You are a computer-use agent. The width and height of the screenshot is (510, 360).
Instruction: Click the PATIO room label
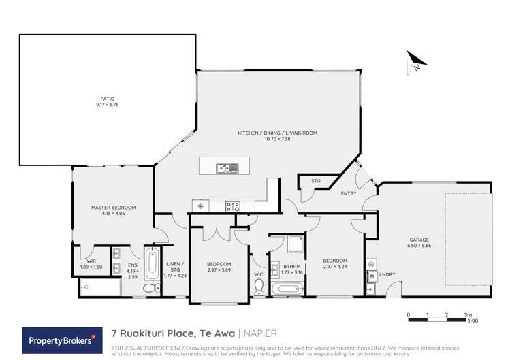[x=105, y=100]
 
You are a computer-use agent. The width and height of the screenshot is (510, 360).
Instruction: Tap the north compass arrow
[x=415, y=63]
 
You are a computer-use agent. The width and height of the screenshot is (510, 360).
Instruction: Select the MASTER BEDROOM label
[x=114, y=207]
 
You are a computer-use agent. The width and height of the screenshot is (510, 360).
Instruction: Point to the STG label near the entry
[x=316, y=181]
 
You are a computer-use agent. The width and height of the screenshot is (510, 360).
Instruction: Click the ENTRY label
[x=349, y=194]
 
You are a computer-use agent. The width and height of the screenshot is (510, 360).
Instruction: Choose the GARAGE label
[x=419, y=240]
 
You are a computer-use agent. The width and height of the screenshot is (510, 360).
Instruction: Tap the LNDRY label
[x=387, y=274]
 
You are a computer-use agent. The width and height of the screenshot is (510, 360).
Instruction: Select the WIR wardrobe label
[x=91, y=261]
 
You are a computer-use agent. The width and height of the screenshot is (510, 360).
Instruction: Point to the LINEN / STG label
[x=175, y=267]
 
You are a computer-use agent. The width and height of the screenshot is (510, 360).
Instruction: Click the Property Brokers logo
[x=59, y=338]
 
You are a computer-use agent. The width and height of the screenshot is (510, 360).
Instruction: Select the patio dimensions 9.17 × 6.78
[x=105, y=105]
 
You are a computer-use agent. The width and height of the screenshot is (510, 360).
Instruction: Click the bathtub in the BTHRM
[x=287, y=289]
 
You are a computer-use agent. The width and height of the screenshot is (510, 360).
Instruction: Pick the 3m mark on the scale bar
[x=468, y=315]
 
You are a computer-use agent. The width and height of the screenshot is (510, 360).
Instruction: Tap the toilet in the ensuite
[x=148, y=289]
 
